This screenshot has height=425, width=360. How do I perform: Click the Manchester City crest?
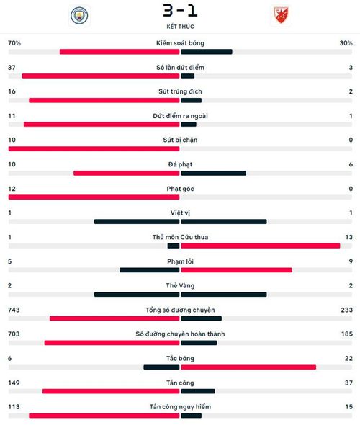tap(79, 16)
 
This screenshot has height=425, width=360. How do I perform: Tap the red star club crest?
tap(281, 15)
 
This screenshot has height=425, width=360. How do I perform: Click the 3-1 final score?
tap(180, 11)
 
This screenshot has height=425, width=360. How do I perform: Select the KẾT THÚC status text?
tap(180, 27)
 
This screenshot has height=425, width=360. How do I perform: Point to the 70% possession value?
tap(14, 43)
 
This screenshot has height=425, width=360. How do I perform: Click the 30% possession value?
tap(346, 43)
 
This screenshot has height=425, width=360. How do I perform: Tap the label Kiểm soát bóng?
tap(180, 43)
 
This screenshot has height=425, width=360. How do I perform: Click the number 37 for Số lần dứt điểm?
tap(12, 68)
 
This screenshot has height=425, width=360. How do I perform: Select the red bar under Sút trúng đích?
tap(104, 100)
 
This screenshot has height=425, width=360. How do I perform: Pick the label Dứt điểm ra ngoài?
tap(180, 116)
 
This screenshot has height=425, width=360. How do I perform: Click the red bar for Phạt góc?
tap(94, 197)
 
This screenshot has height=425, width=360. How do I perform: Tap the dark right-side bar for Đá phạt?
tap(213, 173)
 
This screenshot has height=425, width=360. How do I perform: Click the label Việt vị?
tap(180, 213)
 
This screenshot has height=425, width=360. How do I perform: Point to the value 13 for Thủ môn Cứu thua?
tap(349, 237)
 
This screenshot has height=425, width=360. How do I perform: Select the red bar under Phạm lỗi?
tap(236, 270)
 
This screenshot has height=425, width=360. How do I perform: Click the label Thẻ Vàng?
tap(180, 286)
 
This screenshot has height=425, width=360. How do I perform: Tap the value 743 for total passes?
tap(14, 310)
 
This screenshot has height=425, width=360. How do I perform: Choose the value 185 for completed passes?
tap(347, 334)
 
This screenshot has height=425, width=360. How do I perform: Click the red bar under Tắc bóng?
tap(248, 367)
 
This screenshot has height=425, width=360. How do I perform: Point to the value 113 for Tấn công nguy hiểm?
tap(14, 407)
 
